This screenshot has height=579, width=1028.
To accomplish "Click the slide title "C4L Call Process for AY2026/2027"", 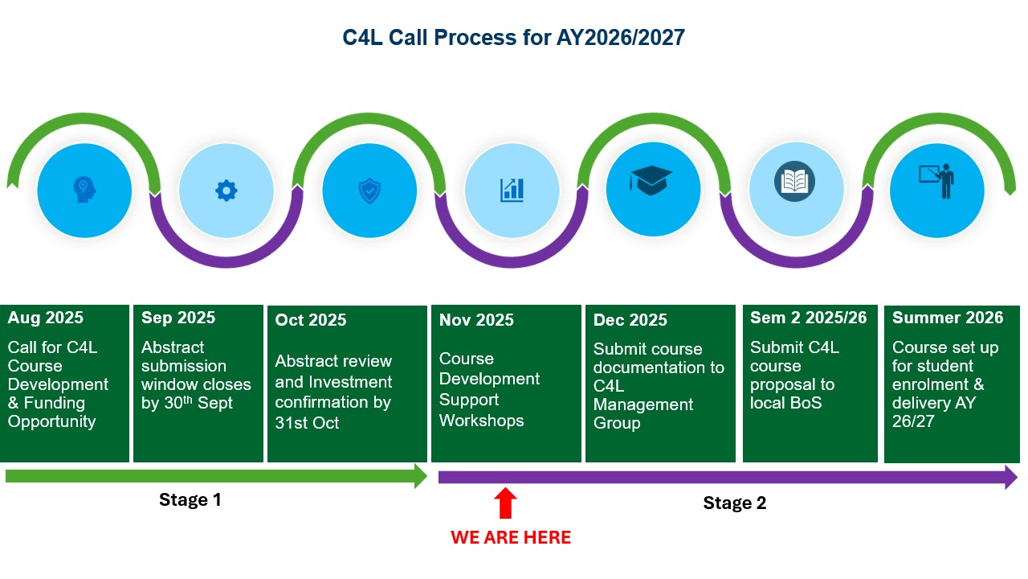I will click(x=513, y=38).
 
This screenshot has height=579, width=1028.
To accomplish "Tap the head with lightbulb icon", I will click(x=84, y=190).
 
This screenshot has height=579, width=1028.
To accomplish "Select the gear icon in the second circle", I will click(x=226, y=191).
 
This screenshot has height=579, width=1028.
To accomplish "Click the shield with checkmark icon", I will click(x=369, y=191).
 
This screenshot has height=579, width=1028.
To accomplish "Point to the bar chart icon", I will click(x=512, y=190).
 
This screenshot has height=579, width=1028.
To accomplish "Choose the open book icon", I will click(x=794, y=181).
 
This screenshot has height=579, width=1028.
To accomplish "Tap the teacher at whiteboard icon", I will click(x=936, y=182).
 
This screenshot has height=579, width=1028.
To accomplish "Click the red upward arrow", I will click(x=505, y=503).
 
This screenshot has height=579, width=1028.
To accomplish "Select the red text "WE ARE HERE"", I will click(x=511, y=537).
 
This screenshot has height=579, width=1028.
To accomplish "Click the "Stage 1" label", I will click(x=190, y=499).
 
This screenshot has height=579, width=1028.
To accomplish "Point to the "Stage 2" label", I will click(x=734, y=503).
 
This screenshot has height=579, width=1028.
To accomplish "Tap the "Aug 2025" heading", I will click(x=46, y=318).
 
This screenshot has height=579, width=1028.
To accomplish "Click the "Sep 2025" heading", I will click(x=178, y=318).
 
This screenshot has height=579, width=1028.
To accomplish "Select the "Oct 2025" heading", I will click(x=311, y=320).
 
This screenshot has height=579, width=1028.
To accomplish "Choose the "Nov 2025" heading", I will click(x=476, y=320).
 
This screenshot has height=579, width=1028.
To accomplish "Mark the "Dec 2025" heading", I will click(x=630, y=320).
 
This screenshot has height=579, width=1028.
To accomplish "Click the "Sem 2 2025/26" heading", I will click(x=809, y=318).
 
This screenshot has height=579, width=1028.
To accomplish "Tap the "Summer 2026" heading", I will click(x=948, y=318).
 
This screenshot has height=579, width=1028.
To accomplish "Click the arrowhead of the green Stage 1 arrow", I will click(x=420, y=475).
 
